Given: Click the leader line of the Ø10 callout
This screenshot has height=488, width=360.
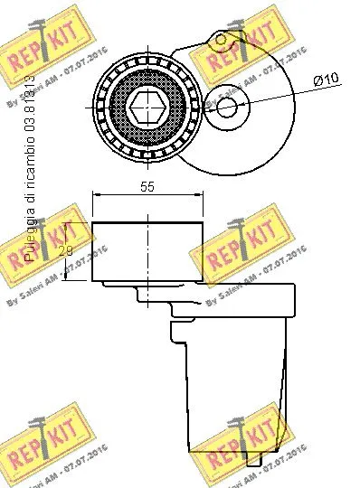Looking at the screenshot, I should pos(276,93).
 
